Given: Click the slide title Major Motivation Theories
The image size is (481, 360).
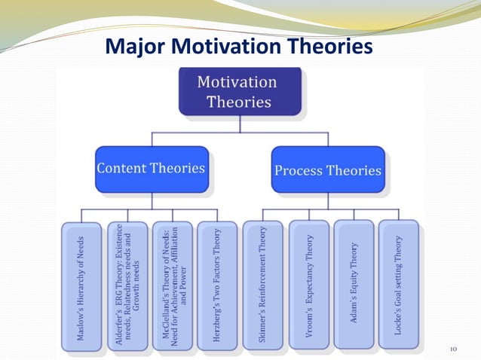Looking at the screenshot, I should [x=240, y=47].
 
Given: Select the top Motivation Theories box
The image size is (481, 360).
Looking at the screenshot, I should [x=240, y=91].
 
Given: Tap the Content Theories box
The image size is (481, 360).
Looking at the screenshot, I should [x=152, y=169].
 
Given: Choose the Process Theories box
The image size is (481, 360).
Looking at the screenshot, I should [x=328, y=169].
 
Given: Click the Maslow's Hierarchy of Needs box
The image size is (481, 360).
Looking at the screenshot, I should [x=81, y=286].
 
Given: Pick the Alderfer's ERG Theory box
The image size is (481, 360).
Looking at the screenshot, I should [x=127, y=286].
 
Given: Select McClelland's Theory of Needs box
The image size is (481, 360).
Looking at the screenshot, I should [x=172, y=286].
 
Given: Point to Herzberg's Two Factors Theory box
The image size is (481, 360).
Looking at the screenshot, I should [x=217, y=286].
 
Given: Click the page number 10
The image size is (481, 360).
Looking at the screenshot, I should [x=454, y=349].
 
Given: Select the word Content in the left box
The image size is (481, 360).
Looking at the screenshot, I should [x=123, y=168].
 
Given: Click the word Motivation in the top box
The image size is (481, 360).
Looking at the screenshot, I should [x=237, y=81].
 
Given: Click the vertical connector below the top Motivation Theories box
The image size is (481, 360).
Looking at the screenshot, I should [x=240, y=124].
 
